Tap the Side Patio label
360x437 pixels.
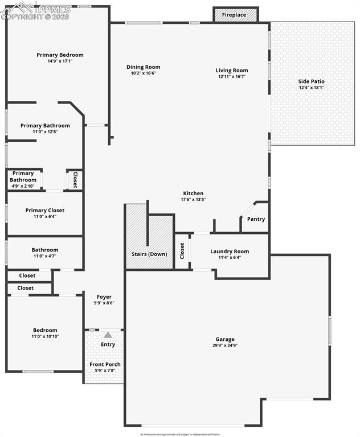click(311, 81)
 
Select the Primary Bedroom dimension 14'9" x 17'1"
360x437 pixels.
click(60, 61)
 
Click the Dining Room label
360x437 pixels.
click(143, 67)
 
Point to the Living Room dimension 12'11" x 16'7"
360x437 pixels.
click(231, 76)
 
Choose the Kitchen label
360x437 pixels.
click(193, 193)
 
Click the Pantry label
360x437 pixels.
click(256, 219)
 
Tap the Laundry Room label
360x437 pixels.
click(230, 252)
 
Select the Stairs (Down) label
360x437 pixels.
click(149, 254)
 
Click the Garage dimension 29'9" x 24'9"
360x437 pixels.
click(225, 345)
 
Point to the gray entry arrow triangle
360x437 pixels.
click(108, 335)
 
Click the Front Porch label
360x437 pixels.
click(105, 364)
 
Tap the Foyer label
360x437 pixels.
click(104, 296)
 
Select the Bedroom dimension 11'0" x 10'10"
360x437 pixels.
click(45, 336)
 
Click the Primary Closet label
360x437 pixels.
click(45, 211)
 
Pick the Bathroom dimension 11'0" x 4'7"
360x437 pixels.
click(45, 256)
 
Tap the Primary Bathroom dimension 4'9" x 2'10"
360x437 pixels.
click(23, 186)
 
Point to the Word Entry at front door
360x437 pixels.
click(108, 344)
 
